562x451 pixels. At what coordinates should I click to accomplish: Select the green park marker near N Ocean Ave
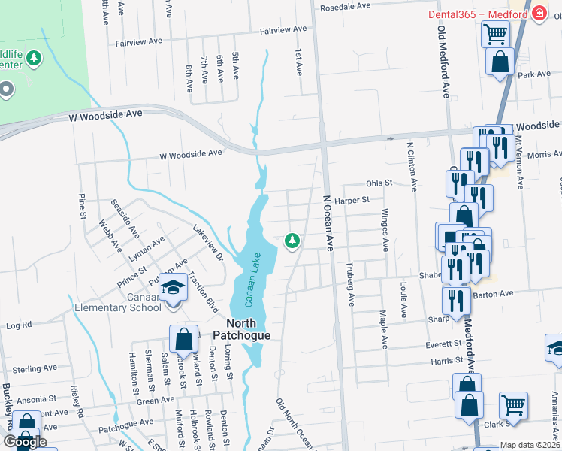click(x=292, y=241)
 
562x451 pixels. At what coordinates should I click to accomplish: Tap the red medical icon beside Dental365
click(x=538, y=14)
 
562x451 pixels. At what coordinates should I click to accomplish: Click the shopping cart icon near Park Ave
click(x=496, y=34)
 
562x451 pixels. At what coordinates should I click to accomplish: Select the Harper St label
click(x=352, y=201)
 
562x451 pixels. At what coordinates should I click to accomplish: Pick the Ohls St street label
click(x=379, y=183)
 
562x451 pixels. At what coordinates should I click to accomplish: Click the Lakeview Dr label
click(x=208, y=244)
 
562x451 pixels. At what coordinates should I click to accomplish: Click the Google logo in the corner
click(x=24, y=442)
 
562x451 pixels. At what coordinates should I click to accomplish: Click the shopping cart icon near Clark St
click(x=514, y=406)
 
